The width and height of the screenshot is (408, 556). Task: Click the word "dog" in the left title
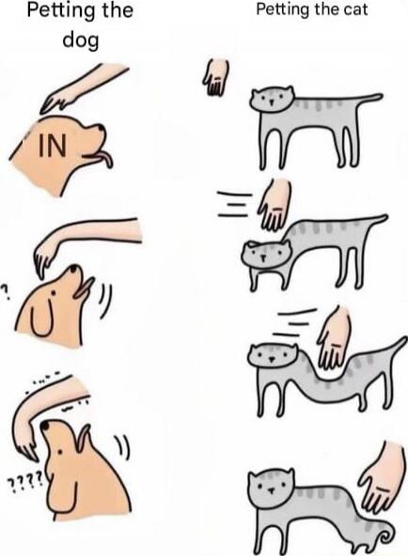80,41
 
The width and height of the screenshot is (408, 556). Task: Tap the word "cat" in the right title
353,10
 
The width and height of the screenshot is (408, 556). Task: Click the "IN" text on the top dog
52,147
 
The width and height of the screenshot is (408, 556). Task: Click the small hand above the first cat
215,75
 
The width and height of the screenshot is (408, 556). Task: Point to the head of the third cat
272,355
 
